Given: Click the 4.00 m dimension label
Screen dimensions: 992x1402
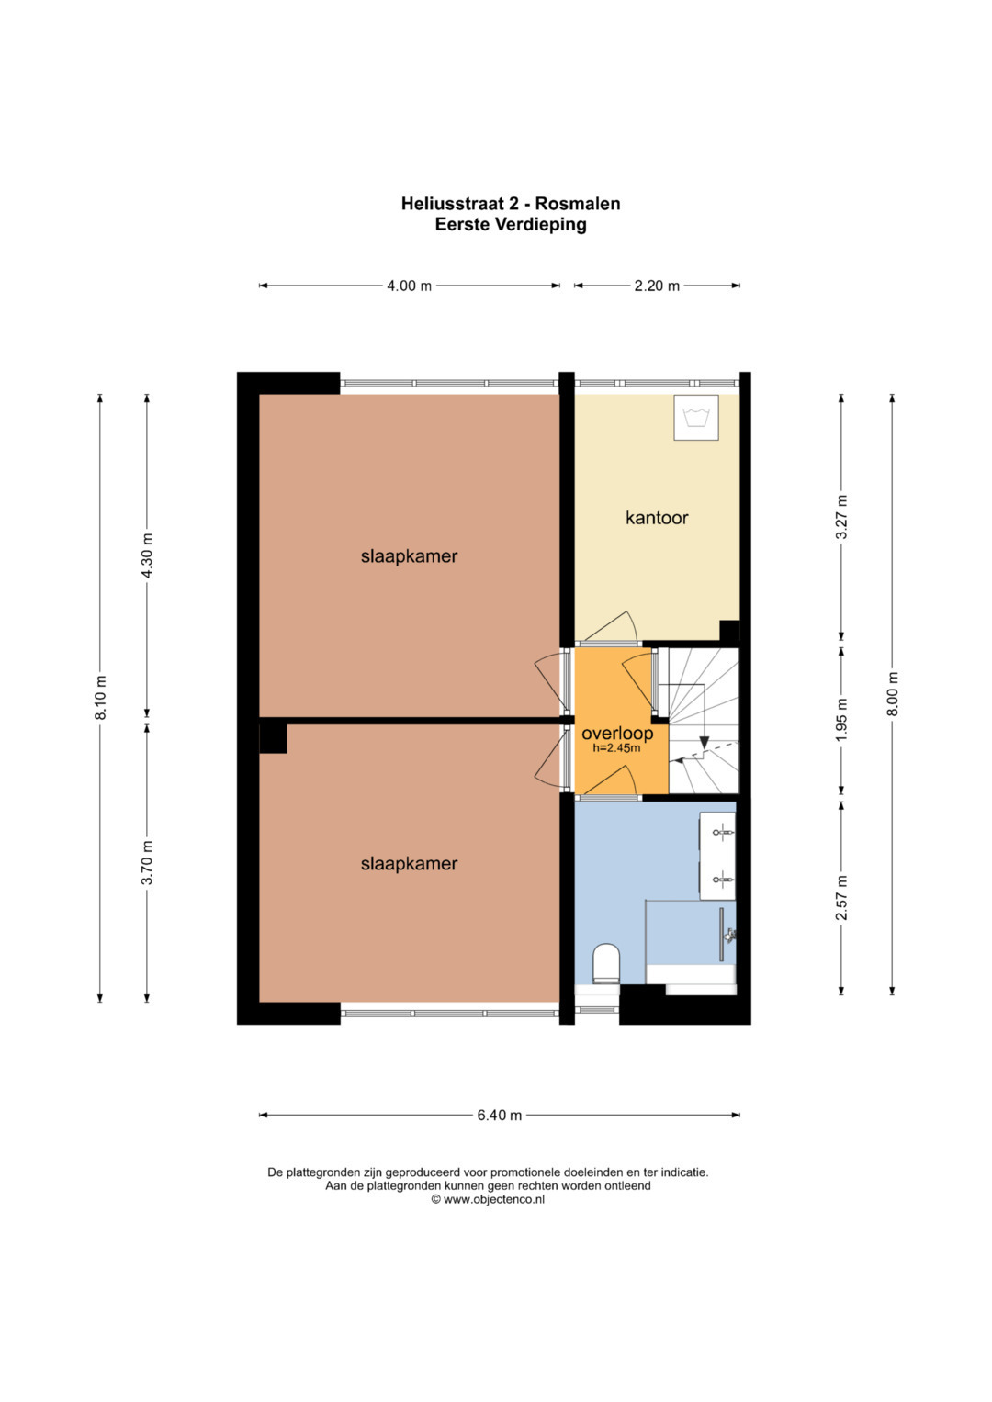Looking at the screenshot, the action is tap(409, 286).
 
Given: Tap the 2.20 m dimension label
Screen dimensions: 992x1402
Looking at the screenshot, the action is tap(657, 286).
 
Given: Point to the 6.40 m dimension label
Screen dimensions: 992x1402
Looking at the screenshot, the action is tap(499, 1115).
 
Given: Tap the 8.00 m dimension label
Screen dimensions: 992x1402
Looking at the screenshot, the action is tap(893, 694).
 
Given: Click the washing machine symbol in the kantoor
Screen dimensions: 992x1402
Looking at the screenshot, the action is tap(696, 418).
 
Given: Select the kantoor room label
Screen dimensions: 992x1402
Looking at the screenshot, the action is tap(657, 518).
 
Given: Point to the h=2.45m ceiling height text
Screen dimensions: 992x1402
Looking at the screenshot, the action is tap(616, 747).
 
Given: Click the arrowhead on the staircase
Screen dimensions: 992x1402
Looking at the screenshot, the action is tap(704, 742).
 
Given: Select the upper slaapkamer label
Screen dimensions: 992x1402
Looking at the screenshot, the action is tap(409, 555).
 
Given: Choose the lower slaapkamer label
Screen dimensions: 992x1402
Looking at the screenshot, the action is tap(409, 864).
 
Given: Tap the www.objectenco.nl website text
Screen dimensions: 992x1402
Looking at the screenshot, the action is tap(494, 1199).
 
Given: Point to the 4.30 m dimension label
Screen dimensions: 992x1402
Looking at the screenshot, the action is tap(147, 555).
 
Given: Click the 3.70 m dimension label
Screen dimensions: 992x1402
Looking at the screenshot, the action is tap(147, 863).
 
